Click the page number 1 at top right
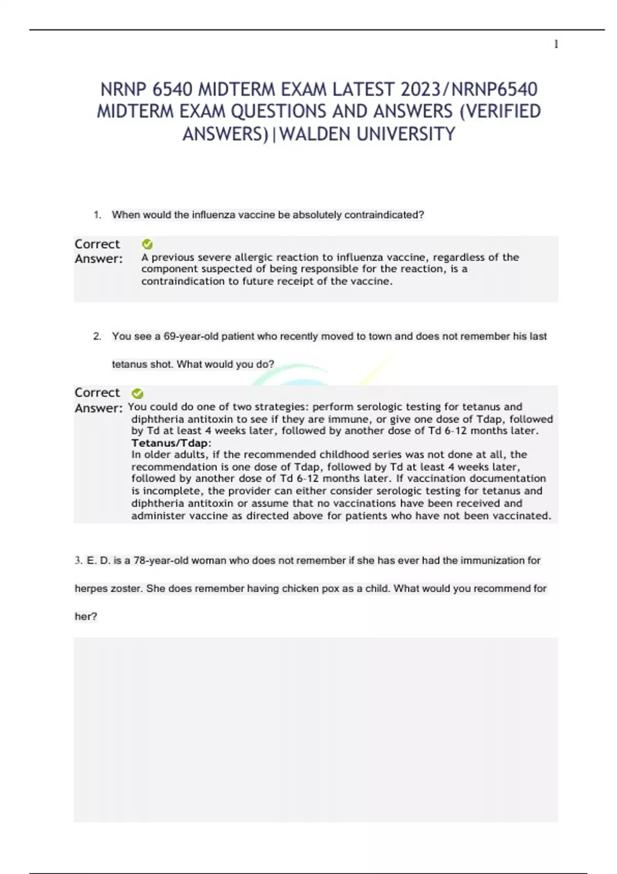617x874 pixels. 556,44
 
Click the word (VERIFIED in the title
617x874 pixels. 499,112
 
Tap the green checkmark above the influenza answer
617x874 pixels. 147,244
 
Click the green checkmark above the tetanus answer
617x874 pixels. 137,393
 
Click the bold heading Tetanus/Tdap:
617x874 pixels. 171,443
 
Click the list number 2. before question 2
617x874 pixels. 97,336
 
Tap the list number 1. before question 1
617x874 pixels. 97,215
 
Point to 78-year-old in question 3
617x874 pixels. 161,560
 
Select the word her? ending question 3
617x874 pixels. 86,616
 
